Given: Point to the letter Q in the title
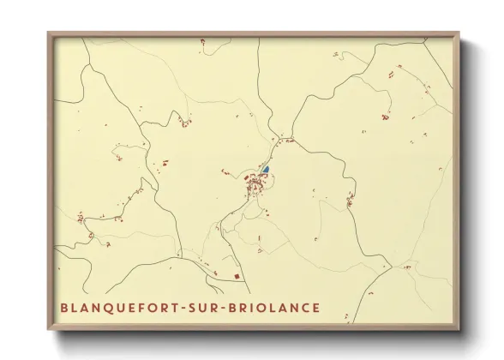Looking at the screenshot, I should pos(103,308).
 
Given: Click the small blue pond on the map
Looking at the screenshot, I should pos(265,170).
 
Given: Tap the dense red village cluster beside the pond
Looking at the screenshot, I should pos(255,184).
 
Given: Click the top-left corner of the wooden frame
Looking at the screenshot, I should pos(50,34).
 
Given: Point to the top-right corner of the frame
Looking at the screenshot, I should pos(458,34).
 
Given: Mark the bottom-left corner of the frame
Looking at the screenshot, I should pos(50,328).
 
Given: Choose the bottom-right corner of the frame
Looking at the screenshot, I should pos(458,328).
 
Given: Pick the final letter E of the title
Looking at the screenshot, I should pos(317,308).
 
